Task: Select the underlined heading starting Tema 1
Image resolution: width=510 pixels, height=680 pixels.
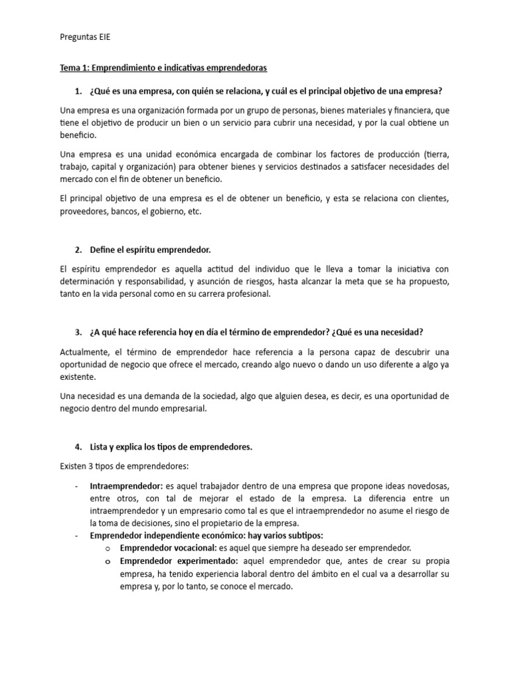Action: point(164,68)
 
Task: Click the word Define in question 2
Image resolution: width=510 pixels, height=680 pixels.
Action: point(103,250)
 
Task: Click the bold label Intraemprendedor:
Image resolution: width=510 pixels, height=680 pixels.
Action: point(126,486)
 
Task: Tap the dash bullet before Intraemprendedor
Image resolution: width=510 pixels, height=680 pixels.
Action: point(78,486)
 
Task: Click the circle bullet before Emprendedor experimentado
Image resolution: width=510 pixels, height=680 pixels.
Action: point(107,562)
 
